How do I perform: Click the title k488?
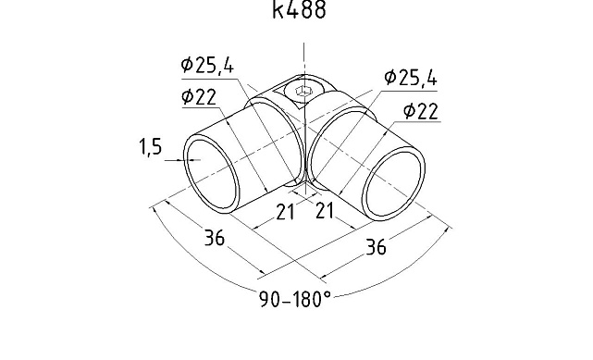(299, 9)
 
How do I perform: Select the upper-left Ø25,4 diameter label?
(207, 65)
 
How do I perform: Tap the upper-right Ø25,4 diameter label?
(411, 78)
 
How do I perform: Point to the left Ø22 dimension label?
(199, 96)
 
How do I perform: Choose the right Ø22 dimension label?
(421, 111)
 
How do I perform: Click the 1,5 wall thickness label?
(151, 147)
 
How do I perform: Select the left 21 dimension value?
(285, 212)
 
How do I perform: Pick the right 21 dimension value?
(325, 211)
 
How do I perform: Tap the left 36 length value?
(215, 238)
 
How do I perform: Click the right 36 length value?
(376, 247)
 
